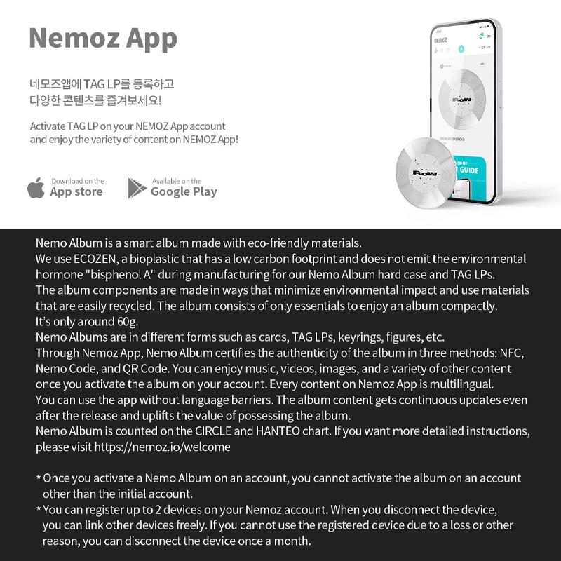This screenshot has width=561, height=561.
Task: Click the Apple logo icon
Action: click(x=36, y=188)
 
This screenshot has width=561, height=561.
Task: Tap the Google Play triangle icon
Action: click(x=137, y=188)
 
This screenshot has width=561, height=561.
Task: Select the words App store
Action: click(x=76, y=191)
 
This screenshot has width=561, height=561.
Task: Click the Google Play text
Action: click(x=184, y=191)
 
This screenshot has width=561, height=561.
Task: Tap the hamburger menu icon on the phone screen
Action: click(x=489, y=36)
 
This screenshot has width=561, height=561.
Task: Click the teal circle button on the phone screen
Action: click(x=461, y=49)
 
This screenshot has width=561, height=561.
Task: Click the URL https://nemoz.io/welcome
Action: click(x=162, y=446)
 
